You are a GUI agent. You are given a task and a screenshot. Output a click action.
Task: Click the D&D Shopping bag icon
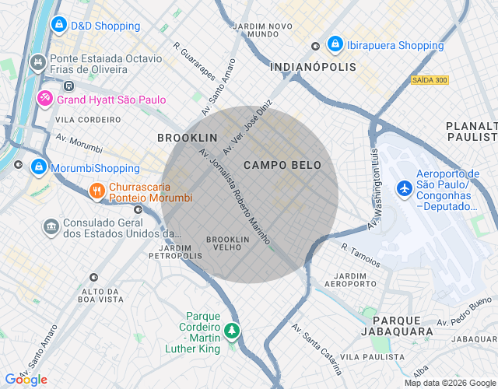pos(58,26)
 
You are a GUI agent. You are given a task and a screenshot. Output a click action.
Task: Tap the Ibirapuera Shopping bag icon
pos(335,45)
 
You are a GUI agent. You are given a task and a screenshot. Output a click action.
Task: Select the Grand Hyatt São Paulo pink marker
pos(45,99)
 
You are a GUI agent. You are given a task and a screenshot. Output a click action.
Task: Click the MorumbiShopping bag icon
pos(38,166)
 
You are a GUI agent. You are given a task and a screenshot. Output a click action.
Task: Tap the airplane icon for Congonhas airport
pos(405,188)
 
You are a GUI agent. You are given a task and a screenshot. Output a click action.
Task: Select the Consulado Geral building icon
pos(51,226)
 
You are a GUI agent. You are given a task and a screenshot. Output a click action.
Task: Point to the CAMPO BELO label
pos(282,165)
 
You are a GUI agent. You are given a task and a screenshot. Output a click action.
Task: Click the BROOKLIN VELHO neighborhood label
pos(227,243)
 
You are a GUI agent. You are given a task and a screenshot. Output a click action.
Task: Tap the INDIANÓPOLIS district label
pos(313,68)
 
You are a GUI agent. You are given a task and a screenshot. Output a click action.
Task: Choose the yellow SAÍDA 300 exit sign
pos(430,80)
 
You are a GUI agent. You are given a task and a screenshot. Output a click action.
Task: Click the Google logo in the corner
pos(26,379)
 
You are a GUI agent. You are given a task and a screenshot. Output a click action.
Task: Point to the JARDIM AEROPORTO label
pos(349,280)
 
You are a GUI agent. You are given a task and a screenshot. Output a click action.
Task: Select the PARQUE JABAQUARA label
pos(402,325)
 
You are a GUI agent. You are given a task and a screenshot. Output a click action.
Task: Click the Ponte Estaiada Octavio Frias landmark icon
pos(37,60)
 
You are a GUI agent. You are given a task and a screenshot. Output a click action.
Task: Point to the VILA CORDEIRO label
pos(88,120)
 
